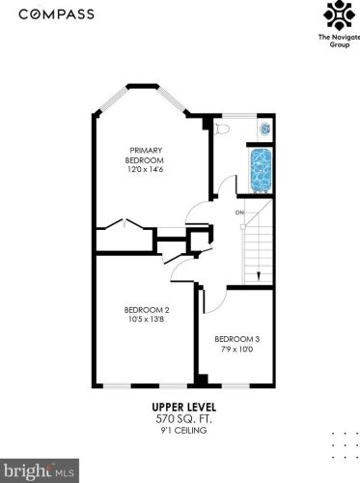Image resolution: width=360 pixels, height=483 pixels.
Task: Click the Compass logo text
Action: click(56, 14)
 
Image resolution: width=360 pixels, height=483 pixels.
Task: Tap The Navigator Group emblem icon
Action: click(339, 15)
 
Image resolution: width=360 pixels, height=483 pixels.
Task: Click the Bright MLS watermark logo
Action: click(40, 470)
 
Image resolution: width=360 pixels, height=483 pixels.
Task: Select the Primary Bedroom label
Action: click(144, 156)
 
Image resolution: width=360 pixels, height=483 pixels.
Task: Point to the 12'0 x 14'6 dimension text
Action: click(146, 169)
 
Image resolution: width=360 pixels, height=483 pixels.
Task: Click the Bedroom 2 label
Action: click(147, 310)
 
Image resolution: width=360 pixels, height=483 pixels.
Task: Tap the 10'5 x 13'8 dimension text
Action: click(147, 320)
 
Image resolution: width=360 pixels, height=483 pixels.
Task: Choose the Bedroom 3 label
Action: click(237, 339)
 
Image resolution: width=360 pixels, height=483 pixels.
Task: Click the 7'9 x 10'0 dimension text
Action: click(237, 349)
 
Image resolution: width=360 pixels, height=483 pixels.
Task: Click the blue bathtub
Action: click(261, 171)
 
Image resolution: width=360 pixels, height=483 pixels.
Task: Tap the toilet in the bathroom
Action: click(222, 128)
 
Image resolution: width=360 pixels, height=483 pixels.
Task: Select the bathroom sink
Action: click(265, 128)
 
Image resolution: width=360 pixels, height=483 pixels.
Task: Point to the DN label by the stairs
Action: click(239, 213)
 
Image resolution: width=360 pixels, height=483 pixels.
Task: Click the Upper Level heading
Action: click(184, 407)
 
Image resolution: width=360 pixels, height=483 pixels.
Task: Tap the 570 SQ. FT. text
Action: click(183, 419)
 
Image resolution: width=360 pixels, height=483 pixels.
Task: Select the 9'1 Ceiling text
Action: click(183, 430)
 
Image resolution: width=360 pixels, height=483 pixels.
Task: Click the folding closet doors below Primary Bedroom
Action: click(125, 224)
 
